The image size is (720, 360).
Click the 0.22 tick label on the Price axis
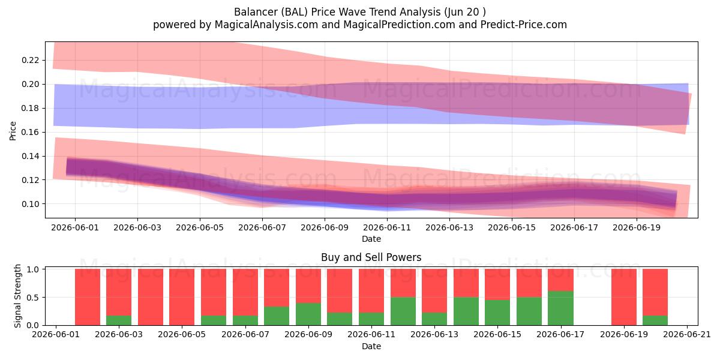31,60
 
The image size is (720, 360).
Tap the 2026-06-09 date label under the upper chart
325,227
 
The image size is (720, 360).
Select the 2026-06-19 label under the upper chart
637,227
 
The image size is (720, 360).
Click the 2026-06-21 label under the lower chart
687,334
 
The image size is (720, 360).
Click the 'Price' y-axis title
13,131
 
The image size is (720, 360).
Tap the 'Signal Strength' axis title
17,296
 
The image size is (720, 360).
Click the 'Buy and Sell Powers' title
371,257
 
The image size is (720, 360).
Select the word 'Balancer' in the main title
256,12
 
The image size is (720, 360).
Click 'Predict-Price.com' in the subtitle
524,25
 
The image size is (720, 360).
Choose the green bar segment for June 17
560,308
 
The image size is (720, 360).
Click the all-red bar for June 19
624,297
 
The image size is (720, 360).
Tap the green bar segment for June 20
655,320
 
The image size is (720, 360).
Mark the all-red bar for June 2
88,297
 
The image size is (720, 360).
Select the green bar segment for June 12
403,311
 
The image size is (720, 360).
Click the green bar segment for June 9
308,314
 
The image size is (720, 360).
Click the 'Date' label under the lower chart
371,346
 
